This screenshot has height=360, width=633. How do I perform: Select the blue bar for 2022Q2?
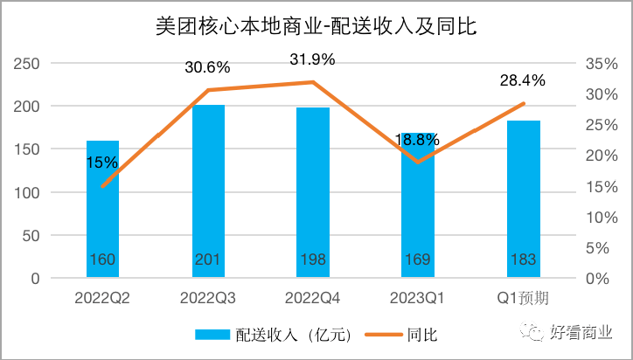tap(102, 210)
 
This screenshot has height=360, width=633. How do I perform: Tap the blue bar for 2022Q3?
tap(208, 192)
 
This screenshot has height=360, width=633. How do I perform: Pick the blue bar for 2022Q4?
tap(313, 193)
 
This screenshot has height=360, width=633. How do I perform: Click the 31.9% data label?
tap(313, 60)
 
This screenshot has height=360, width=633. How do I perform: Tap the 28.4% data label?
tap(523, 80)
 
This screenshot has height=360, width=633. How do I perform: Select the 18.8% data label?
tap(418, 140)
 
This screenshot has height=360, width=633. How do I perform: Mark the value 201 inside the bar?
tap(208, 260)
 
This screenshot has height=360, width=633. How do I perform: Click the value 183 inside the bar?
tap(523, 260)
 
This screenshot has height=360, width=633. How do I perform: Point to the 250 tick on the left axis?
tap(28, 64)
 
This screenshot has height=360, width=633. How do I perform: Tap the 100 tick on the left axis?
tap(28, 192)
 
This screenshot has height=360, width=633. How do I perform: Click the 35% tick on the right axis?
tap(597, 64)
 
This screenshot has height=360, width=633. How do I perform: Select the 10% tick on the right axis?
tap(597, 217)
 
